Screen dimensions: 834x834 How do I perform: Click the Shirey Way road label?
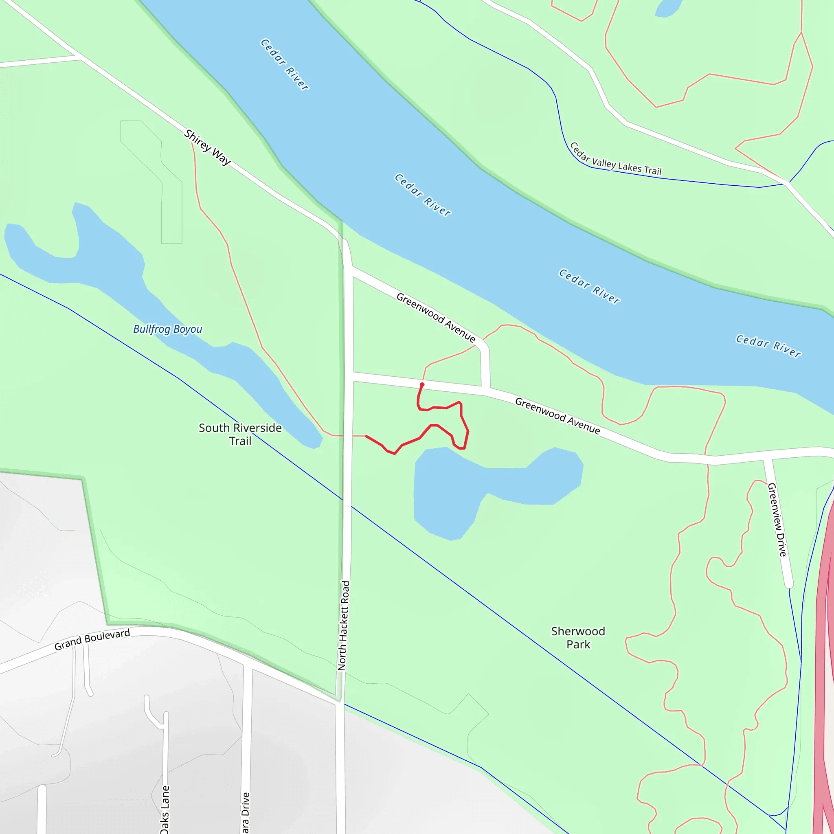point(208,147)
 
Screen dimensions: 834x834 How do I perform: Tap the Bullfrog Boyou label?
point(167,329)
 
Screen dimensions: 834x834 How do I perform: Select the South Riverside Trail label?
point(240,434)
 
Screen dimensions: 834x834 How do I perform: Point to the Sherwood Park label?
point(578,638)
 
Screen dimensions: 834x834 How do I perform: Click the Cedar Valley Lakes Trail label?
point(615,159)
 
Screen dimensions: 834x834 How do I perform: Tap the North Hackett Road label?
point(344,625)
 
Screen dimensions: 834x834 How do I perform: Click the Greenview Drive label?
point(777,520)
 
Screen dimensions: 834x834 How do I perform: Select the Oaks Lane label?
point(165,810)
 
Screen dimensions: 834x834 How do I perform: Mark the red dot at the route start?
point(422,384)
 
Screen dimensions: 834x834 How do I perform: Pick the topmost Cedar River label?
point(285,65)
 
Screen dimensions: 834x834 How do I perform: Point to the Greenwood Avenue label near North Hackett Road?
point(436,317)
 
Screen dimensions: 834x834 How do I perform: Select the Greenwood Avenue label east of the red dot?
point(557,416)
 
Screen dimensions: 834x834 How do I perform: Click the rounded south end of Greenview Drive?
point(789,584)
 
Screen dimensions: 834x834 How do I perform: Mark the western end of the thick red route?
point(367,437)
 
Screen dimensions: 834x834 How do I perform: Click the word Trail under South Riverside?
point(240,441)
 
